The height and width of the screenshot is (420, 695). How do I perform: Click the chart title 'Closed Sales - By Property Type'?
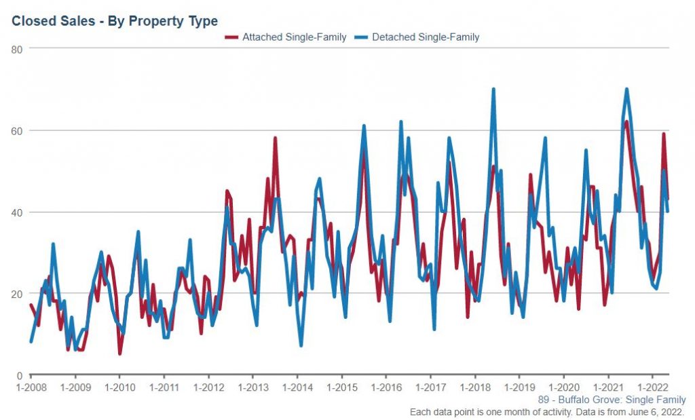pos(115,21)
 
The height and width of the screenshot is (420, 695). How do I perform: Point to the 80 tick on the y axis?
pos(18,49)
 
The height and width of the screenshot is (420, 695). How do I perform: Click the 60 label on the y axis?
pos(18,130)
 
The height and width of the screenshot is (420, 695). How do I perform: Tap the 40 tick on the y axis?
pos(18,212)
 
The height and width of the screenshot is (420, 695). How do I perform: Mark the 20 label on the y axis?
pos(18,293)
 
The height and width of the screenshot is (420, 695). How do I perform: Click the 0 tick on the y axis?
pos(20,375)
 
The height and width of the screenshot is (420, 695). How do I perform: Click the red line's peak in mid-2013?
pos(275,138)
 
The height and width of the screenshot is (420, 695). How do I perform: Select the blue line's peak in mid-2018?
pos(493,90)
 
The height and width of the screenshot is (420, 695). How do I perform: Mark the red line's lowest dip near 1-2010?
pos(119,354)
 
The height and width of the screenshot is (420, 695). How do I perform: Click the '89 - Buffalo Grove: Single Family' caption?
pos(612,400)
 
